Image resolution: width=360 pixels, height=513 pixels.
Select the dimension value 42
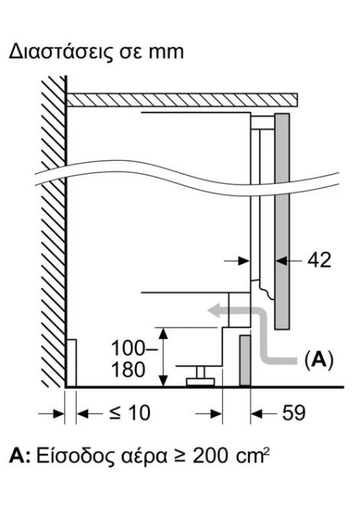pyautogui.click(x=319, y=261)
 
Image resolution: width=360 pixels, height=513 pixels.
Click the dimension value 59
pyautogui.click(x=293, y=413)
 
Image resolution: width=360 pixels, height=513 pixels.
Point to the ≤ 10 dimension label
pyautogui.click(x=129, y=413)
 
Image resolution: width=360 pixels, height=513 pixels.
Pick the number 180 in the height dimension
pyautogui.click(x=128, y=371)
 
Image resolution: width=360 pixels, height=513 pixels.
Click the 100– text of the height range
pyautogui.click(x=134, y=348)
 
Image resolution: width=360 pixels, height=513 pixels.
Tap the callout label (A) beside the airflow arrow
pyautogui.click(x=319, y=360)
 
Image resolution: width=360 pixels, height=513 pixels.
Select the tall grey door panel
pyautogui.click(x=282, y=221)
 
